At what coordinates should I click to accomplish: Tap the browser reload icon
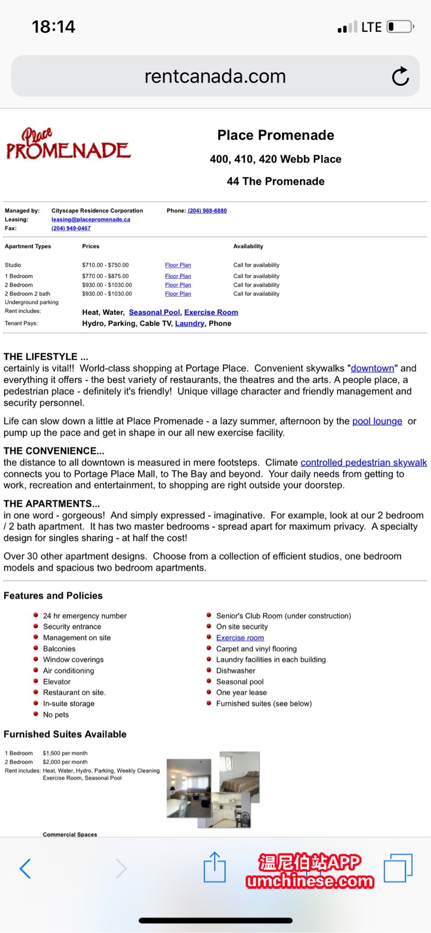point(400,76)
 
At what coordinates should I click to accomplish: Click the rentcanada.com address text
point(215,76)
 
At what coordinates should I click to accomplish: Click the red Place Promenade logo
point(68,144)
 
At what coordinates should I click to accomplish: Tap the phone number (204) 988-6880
point(207,211)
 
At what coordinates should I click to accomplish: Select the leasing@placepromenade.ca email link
point(91,220)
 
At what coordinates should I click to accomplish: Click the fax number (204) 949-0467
point(71,228)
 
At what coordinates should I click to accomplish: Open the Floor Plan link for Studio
point(178,265)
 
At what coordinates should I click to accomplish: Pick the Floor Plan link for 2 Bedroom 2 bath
point(178,294)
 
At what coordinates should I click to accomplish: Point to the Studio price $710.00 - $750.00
point(105,265)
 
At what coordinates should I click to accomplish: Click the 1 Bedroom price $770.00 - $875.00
point(105,276)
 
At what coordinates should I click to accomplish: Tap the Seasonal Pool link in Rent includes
point(155,312)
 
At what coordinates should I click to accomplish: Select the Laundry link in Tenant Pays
point(189,324)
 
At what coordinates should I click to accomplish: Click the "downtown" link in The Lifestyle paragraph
point(372,368)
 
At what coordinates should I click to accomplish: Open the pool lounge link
point(377,421)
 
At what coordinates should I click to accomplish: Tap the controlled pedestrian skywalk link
point(364,462)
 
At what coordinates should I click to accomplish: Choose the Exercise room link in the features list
point(240,638)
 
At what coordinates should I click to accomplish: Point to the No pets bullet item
point(56,715)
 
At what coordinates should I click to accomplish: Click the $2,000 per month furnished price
point(65,762)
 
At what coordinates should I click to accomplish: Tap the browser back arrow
point(25,868)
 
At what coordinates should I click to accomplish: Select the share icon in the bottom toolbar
point(214,867)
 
